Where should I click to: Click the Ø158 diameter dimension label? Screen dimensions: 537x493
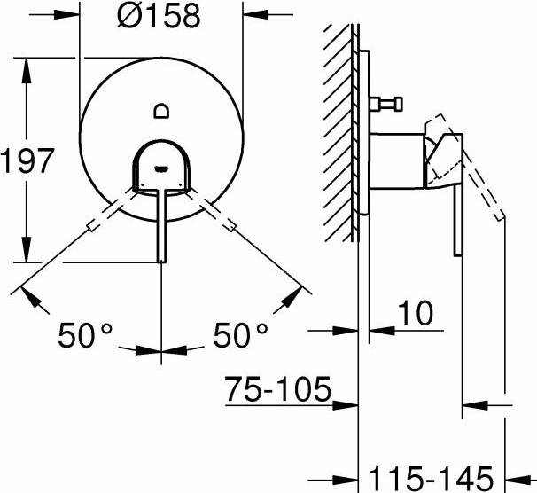pyautogui.click(x=159, y=15)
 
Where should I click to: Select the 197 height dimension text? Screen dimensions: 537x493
pyautogui.click(x=27, y=160)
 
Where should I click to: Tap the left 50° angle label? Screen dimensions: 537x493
pyautogui.click(x=85, y=335)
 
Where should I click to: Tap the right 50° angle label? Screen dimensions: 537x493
pyautogui.click(x=240, y=335)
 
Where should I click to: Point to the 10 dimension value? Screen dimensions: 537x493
pyautogui.click(x=415, y=313)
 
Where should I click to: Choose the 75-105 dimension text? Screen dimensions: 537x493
pyautogui.click(x=278, y=389)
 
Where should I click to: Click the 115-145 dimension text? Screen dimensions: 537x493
pyautogui.click(x=432, y=479)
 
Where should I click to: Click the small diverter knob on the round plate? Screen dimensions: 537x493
pyautogui.click(x=161, y=111)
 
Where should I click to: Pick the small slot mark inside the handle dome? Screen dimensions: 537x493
pyautogui.click(x=161, y=168)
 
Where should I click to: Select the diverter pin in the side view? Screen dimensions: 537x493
pyautogui.click(x=386, y=104)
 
